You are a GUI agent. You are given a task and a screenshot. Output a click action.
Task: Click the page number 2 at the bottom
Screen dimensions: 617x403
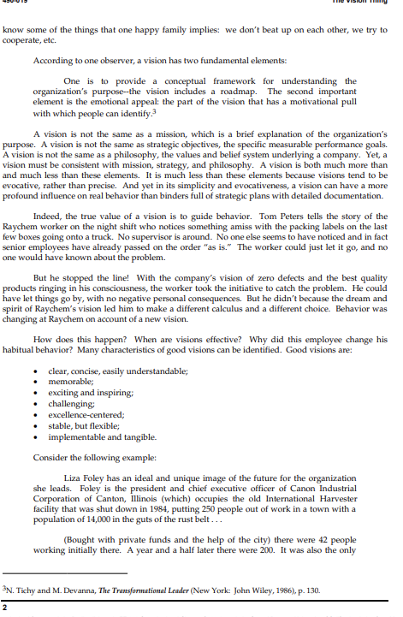click(5, 607)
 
